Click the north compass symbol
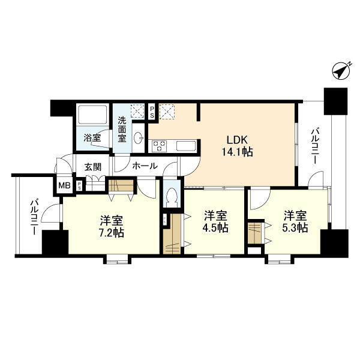point(341,71)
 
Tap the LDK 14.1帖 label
point(239,145)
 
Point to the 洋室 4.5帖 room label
point(215,221)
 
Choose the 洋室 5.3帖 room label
point(295,221)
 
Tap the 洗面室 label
point(122,128)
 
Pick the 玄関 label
point(92,166)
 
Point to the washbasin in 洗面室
point(139,135)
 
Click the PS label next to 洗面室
point(152,111)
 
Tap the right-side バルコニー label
point(314,146)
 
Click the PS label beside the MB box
point(80,186)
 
